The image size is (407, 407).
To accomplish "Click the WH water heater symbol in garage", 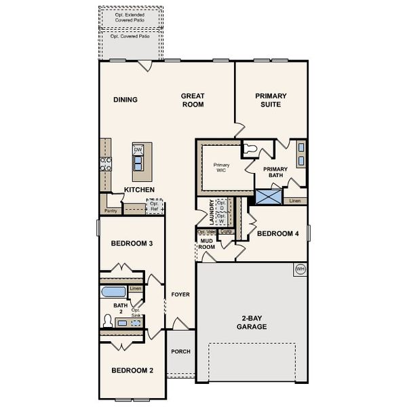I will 300,269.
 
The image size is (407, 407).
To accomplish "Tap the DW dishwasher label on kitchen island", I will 138,150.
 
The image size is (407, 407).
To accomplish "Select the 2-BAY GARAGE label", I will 252,322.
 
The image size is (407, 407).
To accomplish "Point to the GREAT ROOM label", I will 193,100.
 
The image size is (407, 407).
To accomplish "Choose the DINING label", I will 125,100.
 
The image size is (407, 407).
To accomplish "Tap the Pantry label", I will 111,211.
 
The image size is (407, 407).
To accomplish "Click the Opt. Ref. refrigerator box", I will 155,206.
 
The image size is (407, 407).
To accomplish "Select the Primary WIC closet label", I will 222,168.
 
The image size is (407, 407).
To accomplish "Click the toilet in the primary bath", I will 250,147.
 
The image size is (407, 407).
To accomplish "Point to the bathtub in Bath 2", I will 113,293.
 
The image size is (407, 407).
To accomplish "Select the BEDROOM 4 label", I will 277,233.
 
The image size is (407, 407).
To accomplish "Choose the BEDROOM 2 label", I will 132,370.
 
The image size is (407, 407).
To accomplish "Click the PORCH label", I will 180,351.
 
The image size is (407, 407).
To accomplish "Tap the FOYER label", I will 180,294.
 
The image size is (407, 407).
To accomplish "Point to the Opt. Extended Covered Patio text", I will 131,16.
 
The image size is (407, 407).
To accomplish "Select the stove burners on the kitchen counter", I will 106,162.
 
